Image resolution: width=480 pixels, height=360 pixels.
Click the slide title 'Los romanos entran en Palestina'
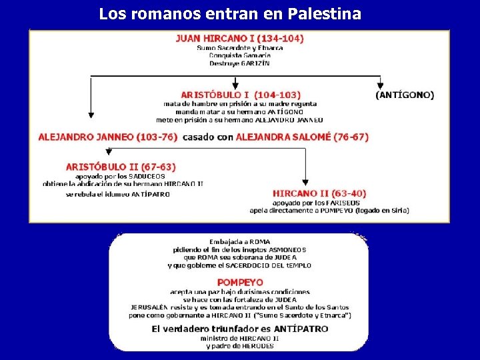tap(230, 13)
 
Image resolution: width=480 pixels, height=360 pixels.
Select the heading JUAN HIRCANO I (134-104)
tap(239, 39)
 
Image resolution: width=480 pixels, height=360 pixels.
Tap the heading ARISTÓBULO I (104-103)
tap(241, 95)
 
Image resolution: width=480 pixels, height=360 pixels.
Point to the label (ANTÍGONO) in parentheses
tap(405, 95)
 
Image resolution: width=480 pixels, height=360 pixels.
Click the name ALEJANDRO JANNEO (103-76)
tap(108, 137)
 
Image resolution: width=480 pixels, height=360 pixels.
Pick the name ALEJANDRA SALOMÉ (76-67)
tap(302, 137)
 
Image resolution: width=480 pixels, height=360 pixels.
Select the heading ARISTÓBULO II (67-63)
tap(121, 167)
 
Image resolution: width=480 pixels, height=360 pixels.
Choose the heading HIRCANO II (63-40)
tap(319, 194)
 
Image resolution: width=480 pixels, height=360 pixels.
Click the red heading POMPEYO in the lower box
tap(240, 283)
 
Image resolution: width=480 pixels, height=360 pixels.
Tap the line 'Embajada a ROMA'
tap(239, 241)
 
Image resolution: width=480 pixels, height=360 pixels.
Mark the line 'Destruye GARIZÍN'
tap(239, 63)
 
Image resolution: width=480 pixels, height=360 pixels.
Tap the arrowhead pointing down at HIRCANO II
tap(305, 181)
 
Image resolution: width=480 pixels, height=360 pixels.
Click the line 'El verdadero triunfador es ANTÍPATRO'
tap(239, 329)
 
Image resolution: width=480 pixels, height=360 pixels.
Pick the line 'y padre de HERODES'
tap(239, 346)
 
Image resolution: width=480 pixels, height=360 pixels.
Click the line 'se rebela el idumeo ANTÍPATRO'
tap(118, 195)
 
